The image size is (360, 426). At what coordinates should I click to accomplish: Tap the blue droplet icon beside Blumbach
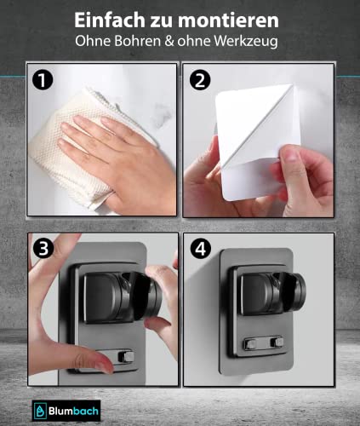pyautogui.click(x=37, y=406)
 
